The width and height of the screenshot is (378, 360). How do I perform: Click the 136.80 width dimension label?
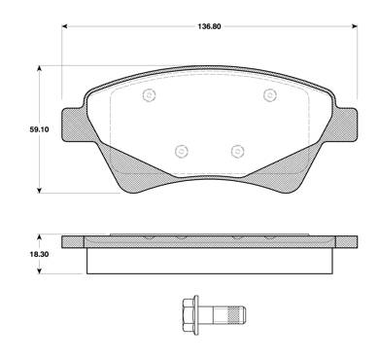[209, 26]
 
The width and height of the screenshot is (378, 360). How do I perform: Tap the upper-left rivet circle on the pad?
[149, 95]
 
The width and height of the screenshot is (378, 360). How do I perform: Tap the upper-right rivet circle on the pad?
[269, 95]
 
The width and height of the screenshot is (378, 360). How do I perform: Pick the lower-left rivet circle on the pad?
[182, 151]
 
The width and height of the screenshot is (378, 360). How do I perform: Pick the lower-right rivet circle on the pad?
[238, 151]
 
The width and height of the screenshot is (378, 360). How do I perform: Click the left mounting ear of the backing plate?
[73, 126]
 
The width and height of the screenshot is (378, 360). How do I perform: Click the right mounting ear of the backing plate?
[346, 126]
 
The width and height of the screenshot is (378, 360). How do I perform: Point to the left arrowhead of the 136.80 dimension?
[64, 26]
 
